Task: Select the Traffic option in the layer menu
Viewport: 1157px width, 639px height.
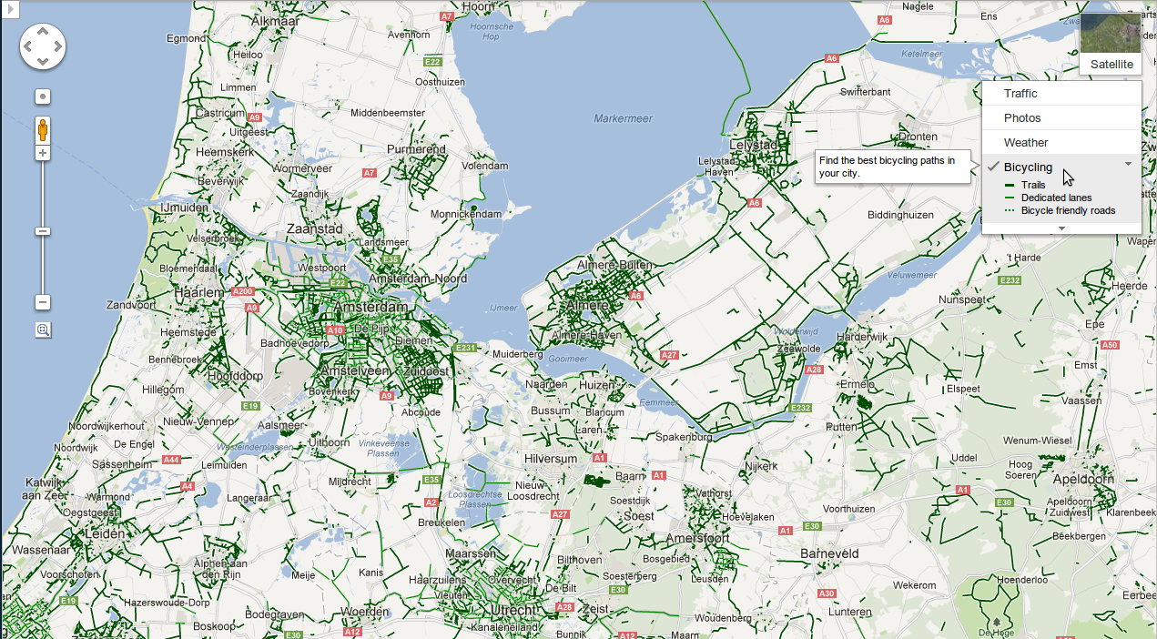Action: tap(1020, 94)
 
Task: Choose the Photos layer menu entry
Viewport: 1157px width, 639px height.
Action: tap(1022, 118)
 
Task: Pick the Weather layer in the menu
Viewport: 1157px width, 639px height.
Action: tap(1026, 143)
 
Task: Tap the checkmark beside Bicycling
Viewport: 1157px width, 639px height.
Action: tap(993, 167)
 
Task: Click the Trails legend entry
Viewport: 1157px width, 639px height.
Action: tap(1033, 185)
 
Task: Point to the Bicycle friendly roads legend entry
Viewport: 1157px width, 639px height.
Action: tap(1068, 210)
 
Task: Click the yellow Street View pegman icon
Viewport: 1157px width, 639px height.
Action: tap(43, 130)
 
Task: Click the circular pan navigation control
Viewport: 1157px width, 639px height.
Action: tap(43, 46)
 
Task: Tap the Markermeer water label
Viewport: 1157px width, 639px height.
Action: tap(624, 118)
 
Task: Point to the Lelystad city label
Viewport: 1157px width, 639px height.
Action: tap(755, 145)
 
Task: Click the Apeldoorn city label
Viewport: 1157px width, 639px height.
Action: tap(1082, 479)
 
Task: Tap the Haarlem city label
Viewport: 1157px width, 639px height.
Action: tap(202, 293)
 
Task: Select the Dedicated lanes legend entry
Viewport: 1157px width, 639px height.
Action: tap(1056, 198)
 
